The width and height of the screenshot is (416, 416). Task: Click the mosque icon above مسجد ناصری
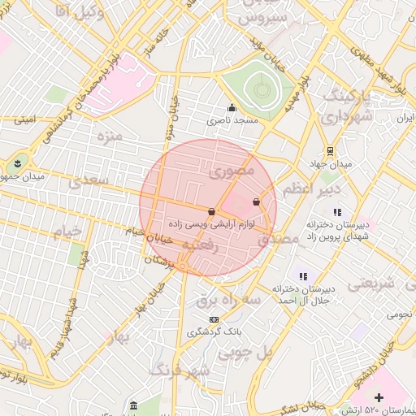click(x=232, y=108)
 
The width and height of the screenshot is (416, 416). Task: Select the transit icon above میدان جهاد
click(x=330, y=151)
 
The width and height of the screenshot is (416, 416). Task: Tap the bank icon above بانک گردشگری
click(x=214, y=319)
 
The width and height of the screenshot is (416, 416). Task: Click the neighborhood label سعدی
click(x=86, y=180)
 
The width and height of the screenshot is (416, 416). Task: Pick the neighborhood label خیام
click(x=68, y=232)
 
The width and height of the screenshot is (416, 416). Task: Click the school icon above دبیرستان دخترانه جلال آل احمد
click(x=303, y=276)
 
